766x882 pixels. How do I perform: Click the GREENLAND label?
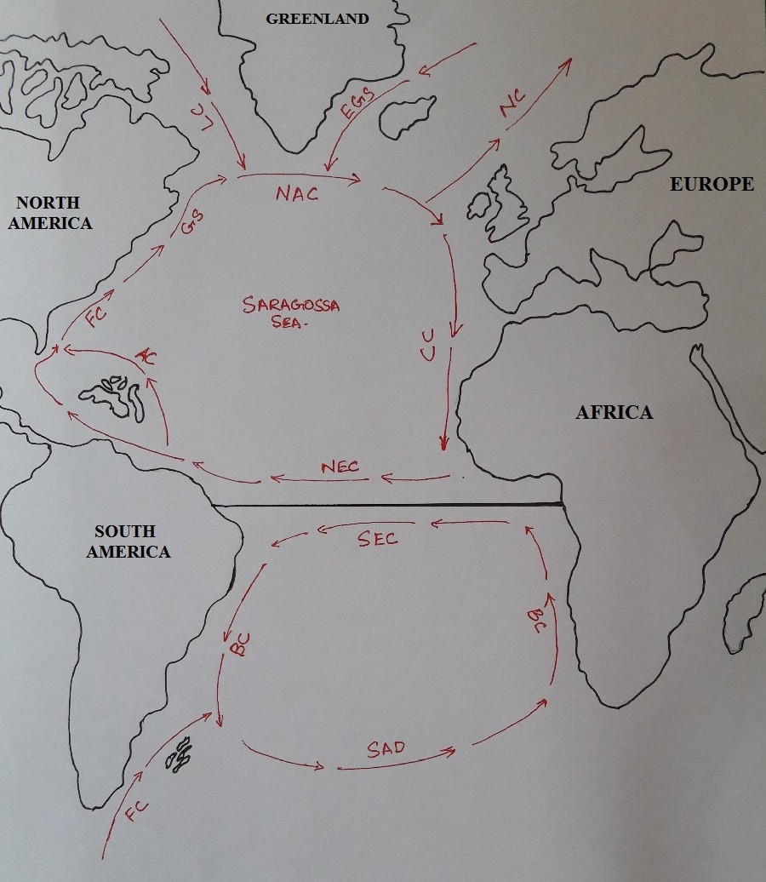pos(317,18)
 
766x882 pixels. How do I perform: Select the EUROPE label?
pos(712,184)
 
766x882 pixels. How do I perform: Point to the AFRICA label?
pos(614,413)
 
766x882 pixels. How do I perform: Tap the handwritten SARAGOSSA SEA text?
pos(290,314)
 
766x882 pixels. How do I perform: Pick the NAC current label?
pos(297,194)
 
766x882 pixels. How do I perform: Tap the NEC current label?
pos(340,467)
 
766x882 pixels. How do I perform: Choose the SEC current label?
pos(377,539)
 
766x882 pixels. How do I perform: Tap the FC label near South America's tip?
pos(136,810)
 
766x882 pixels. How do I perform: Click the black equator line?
pos(387,507)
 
